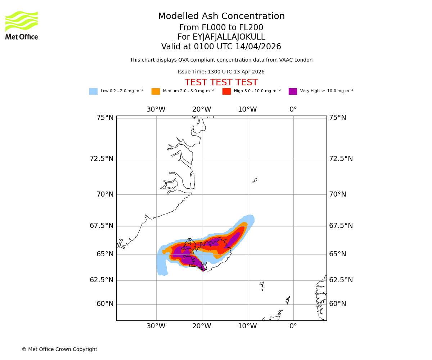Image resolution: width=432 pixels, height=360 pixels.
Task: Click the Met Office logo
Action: click(22, 25)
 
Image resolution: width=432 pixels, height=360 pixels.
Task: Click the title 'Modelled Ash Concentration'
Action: click(221, 17)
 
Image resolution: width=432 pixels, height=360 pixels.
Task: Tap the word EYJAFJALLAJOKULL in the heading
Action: click(229, 37)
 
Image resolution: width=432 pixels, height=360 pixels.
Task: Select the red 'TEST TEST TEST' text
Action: click(221, 83)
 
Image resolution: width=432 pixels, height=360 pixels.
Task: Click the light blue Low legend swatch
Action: click(93, 91)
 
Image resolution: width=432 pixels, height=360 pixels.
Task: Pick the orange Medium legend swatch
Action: click(156, 91)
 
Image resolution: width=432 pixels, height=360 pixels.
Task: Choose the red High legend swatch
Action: click(226, 91)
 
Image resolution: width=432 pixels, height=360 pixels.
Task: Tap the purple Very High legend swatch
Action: click(293, 91)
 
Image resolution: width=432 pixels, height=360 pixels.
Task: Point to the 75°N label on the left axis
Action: click(105, 118)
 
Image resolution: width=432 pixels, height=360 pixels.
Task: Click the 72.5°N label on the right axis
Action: click(341, 159)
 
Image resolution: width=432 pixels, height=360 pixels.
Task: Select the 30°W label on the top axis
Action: click(156, 109)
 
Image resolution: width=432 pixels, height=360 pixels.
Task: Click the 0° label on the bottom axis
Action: click(293, 326)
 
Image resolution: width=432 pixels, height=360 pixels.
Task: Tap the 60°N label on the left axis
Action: click(105, 304)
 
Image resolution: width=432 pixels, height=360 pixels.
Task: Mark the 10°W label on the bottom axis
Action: click(247, 326)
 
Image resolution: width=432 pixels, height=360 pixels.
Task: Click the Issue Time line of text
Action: click(221, 72)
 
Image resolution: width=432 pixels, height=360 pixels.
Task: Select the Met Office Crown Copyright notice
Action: click(59, 350)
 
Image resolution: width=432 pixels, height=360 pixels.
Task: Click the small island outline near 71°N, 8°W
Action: click(255, 181)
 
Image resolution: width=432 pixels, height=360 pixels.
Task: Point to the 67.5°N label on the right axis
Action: click(341, 226)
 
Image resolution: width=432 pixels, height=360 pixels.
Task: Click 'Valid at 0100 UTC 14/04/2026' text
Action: click(221, 47)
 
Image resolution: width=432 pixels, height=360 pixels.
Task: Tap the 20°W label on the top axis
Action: click(202, 109)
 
